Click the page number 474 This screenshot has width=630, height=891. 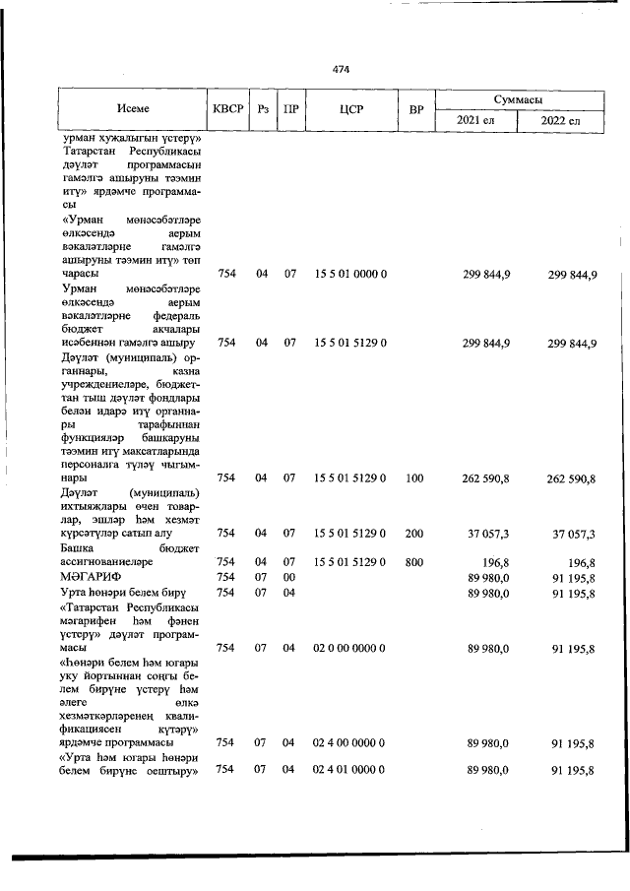coord(342,70)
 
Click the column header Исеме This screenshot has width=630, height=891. coord(132,109)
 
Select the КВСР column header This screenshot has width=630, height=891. coord(226,109)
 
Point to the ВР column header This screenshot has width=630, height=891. coord(415,109)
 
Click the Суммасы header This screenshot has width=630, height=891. coord(521,99)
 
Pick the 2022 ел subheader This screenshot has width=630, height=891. coord(562,121)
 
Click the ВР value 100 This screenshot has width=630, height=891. coord(413,477)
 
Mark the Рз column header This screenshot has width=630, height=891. coord(262,109)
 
